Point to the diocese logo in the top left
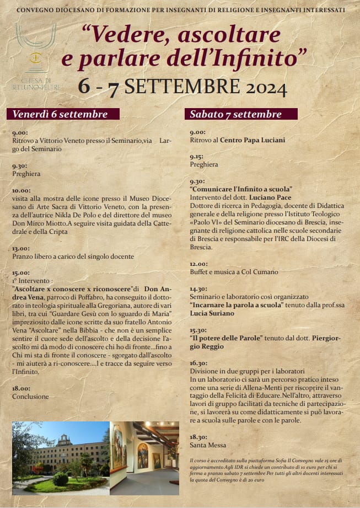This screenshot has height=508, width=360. click(36, 55)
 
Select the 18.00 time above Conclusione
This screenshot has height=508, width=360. click(21, 388)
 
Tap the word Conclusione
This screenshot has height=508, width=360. click(30, 396)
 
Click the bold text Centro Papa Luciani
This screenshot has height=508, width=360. click(252, 140)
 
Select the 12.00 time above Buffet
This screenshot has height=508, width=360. click(198, 264)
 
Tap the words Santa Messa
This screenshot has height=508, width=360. click(208, 445)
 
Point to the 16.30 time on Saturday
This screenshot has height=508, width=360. click(198, 363)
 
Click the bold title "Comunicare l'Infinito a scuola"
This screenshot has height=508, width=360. click(241, 189)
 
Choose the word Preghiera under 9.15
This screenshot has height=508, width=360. click(204, 164)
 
